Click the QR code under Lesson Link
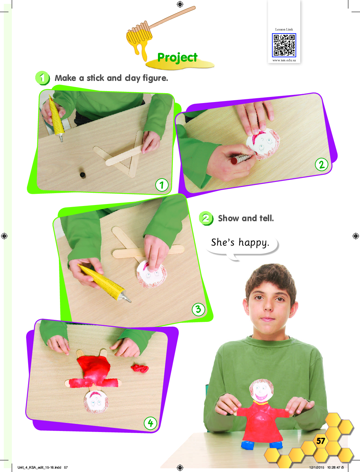(x=284, y=45)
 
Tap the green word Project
(x=177, y=58)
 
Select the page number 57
(x=320, y=441)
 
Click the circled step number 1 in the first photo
(x=162, y=185)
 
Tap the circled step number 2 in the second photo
(x=321, y=165)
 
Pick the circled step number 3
(x=198, y=309)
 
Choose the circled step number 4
(x=151, y=424)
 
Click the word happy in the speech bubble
(x=254, y=243)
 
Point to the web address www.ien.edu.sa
(x=284, y=60)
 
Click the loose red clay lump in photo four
(x=140, y=368)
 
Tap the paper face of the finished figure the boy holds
(x=261, y=390)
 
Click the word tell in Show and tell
(x=267, y=218)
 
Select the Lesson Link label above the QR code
(x=284, y=29)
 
